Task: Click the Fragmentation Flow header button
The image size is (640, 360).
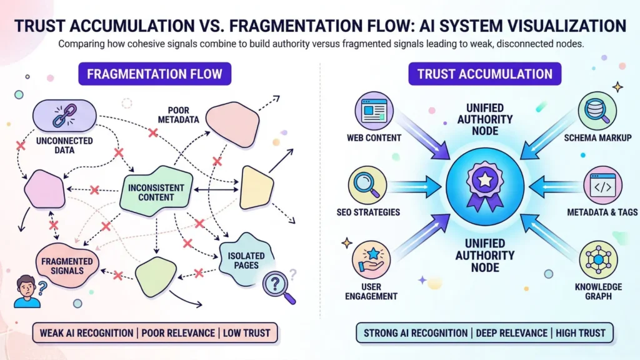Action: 154,74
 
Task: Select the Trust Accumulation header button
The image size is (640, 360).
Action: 484,74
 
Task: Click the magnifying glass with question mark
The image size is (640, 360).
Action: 276,285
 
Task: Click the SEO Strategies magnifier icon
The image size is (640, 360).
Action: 364,185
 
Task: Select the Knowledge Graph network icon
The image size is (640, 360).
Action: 598,259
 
